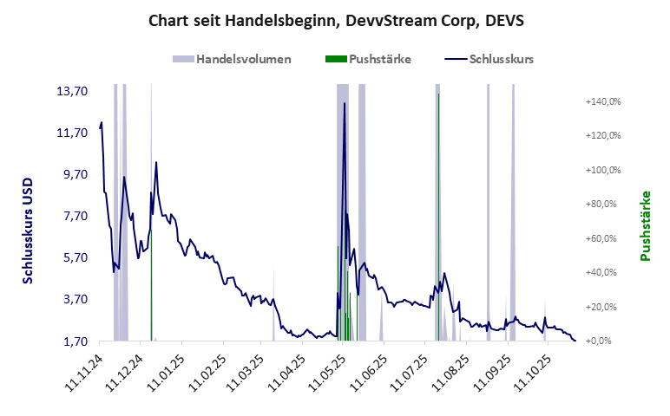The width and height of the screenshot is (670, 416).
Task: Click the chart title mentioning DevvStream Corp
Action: pos(336,19)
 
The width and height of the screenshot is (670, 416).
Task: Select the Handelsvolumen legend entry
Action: pos(232,60)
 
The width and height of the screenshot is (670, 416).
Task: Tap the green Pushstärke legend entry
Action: pos(368,60)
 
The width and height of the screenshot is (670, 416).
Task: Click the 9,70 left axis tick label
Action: pos(76,174)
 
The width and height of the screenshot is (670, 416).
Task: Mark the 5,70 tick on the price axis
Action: pos(76,257)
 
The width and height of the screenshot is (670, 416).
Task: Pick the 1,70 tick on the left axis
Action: pos(76,341)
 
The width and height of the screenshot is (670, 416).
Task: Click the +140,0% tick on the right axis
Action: pos(603,101)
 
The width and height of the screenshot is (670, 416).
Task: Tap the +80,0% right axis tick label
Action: pos(605,205)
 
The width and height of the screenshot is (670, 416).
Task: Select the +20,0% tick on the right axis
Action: pos(605,307)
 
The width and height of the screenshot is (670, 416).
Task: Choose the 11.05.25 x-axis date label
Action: pos(332,371)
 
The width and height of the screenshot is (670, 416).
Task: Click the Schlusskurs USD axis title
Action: pos(28,231)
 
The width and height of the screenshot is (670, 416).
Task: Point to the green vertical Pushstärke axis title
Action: pos(645,225)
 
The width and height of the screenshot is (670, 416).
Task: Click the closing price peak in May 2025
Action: pos(345,104)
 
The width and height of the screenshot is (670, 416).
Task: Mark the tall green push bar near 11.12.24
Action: pos(152,286)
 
